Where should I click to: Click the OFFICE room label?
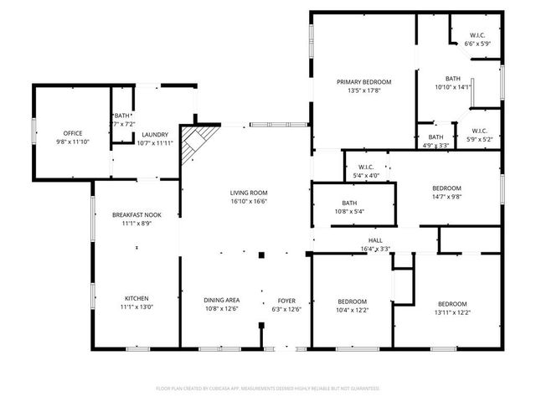click(73, 133)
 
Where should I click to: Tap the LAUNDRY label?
click(155, 134)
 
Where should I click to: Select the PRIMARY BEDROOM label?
click(364, 82)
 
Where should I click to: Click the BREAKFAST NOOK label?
click(137, 215)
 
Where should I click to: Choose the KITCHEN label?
click(137, 298)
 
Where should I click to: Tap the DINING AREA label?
click(222, 300)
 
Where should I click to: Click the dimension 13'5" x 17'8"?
click(364, 91)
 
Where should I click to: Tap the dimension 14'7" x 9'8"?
click(446, 197)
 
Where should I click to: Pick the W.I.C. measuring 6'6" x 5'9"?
click(477, 39)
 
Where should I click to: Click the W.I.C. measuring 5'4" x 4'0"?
click(365, 171)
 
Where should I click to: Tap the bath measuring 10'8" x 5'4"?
click(349, 207)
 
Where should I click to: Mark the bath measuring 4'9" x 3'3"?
click(435, 141)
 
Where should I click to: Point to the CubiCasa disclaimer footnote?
click(268, 389)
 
